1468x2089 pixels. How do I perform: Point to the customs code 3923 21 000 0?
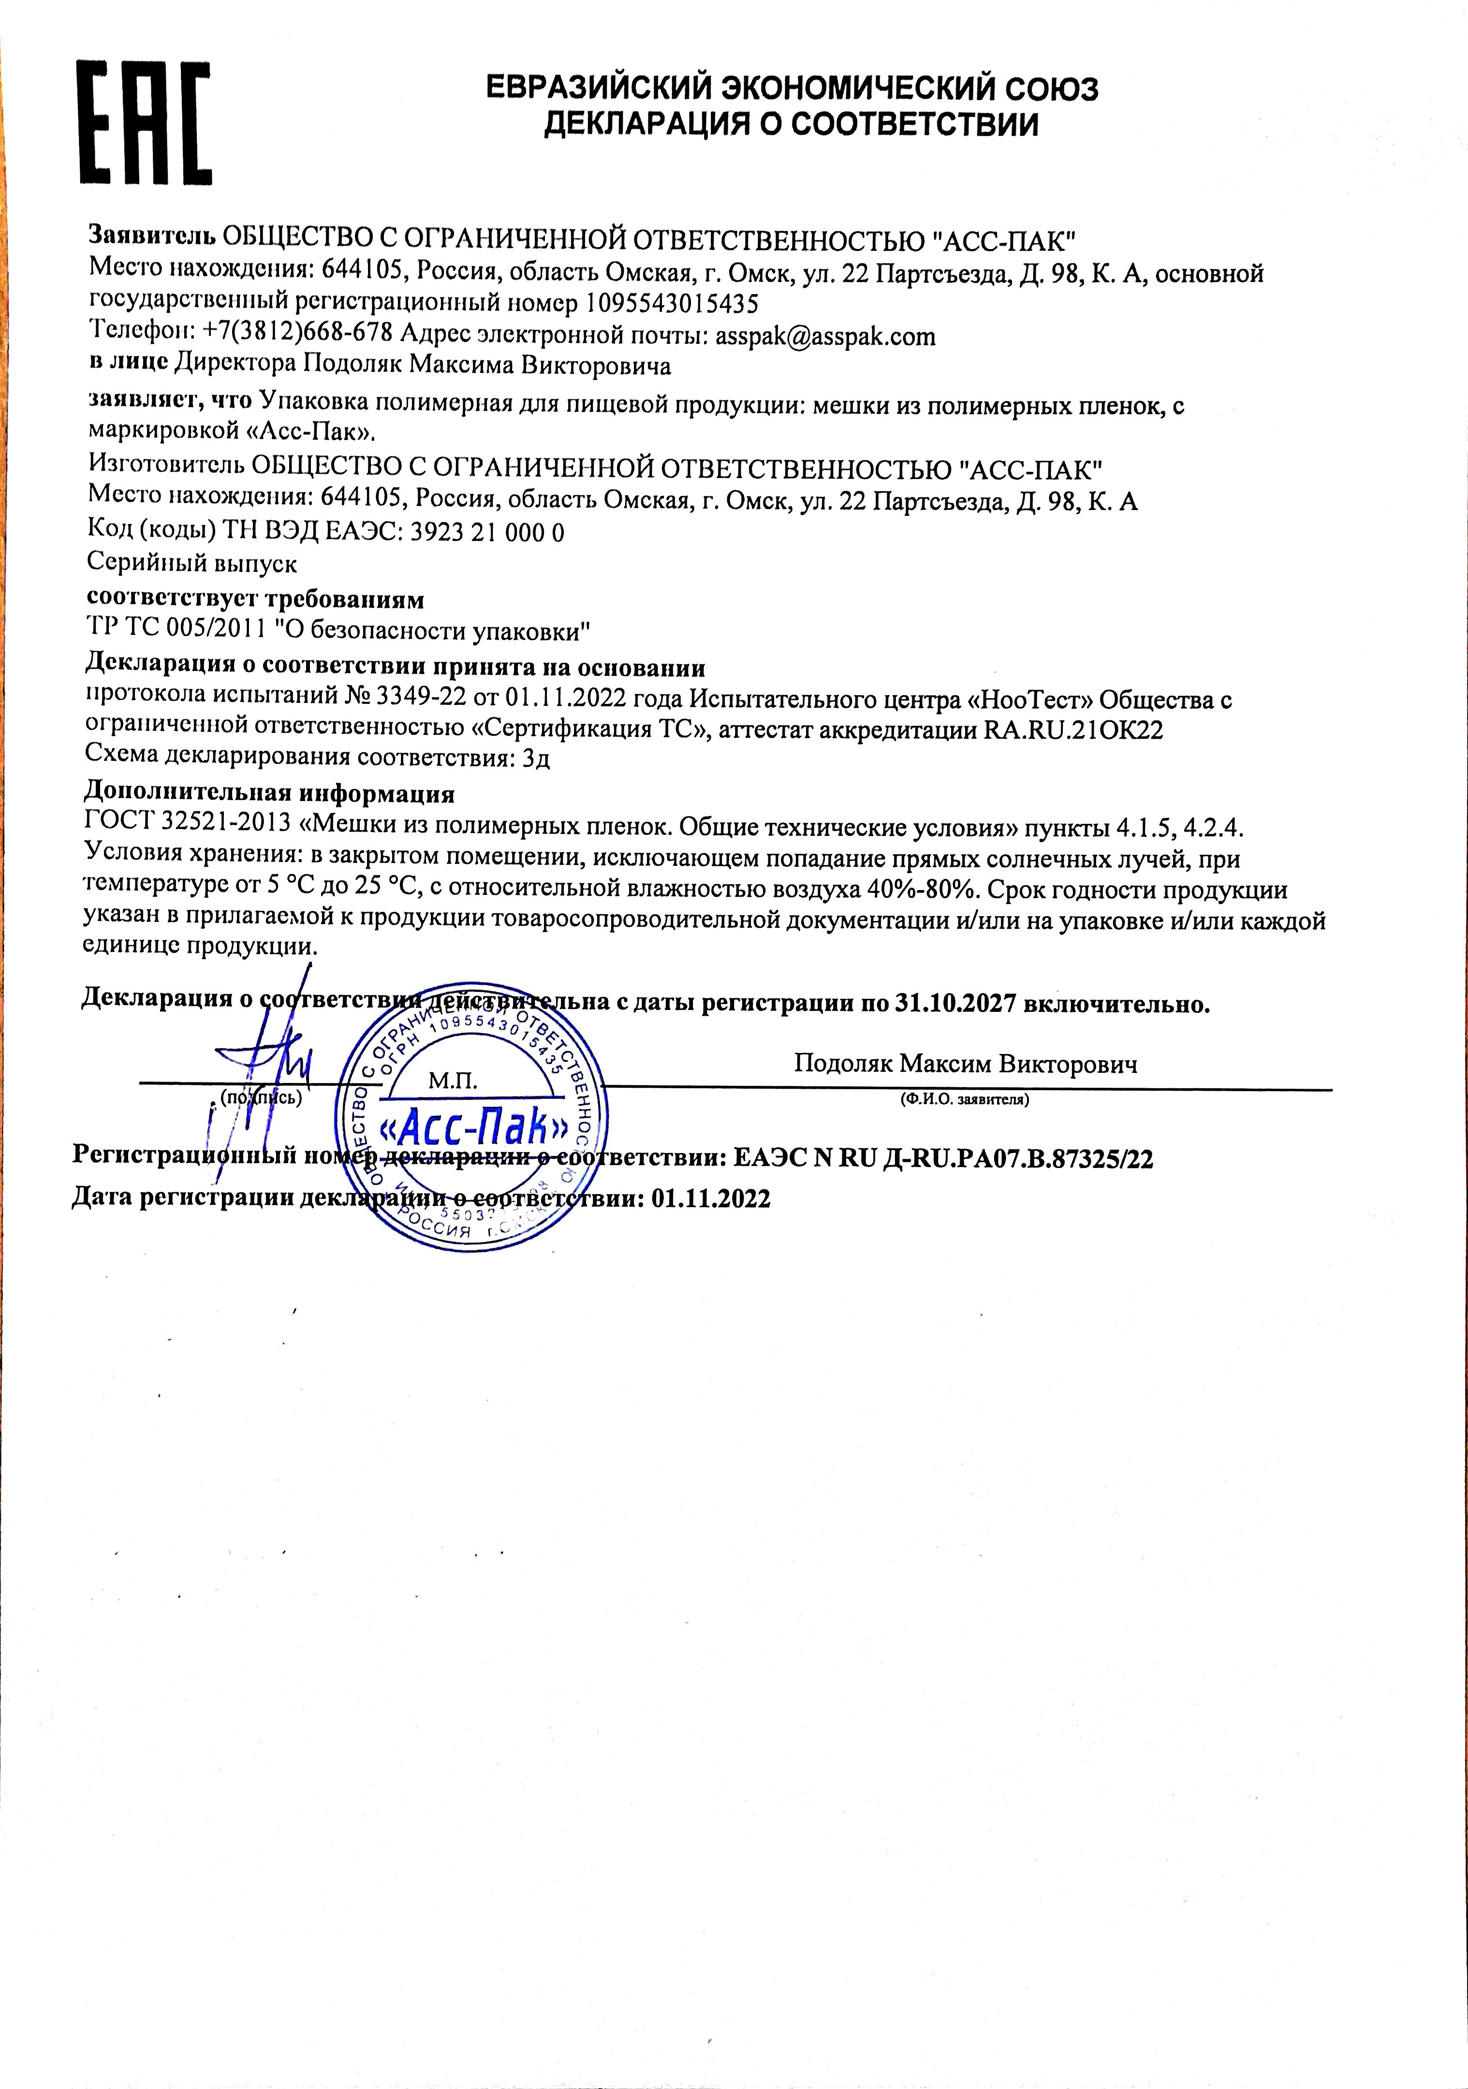point(488,532)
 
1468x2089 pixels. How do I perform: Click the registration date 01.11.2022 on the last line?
point(711,1198)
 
